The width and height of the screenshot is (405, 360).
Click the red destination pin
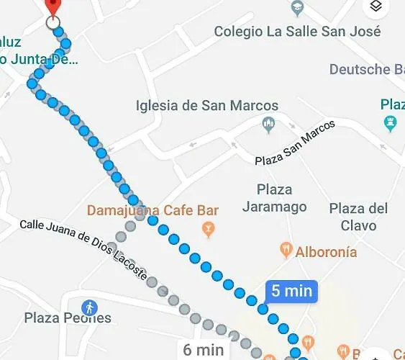point(52,6)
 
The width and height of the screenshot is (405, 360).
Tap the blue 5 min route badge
point(291,291)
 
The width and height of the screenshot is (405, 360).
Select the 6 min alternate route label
point(204,350)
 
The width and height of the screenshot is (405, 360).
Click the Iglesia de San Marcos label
point(206,105)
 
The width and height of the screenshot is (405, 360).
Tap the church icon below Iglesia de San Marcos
point(269,124)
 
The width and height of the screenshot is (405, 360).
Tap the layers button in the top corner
point(376,8)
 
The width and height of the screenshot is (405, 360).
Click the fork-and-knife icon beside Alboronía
point(286,251)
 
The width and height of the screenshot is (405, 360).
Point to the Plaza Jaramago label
point(275,198)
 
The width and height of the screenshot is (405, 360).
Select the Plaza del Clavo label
point(358,217)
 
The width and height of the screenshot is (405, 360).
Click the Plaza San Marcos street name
point(295,143)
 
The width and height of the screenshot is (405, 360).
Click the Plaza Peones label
point(68,318)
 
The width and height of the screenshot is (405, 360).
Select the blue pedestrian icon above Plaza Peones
point(89,307)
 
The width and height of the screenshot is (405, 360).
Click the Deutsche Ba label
point(366,69)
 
